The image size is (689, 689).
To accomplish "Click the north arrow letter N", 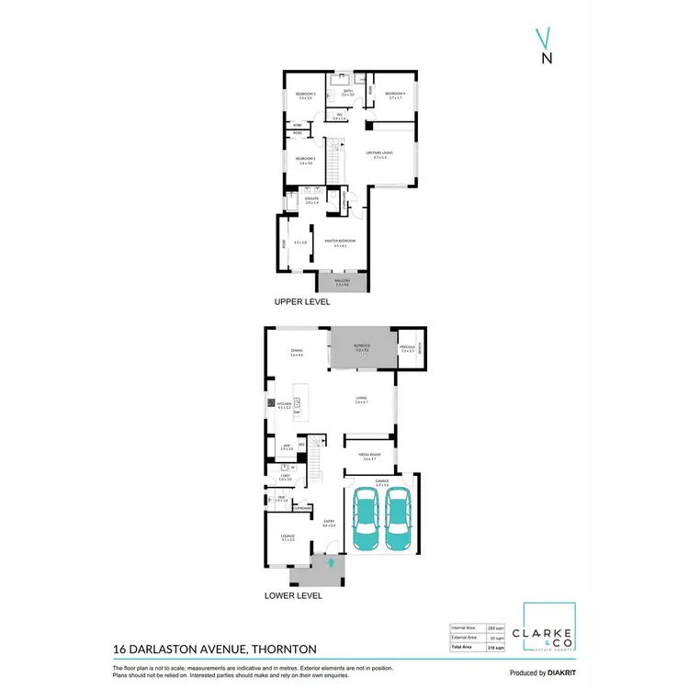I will coord(547,58).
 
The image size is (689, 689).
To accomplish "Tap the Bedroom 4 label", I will coord(395,94).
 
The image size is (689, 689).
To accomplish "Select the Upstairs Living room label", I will coord(380,153).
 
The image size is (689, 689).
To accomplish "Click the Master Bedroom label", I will coord(344,243).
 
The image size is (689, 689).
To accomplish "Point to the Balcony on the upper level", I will coord(341,282).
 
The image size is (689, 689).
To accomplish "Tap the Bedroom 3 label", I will coord(306,94).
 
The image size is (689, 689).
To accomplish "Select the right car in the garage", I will coord(398,518).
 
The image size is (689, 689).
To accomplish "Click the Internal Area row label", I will coord(463,627).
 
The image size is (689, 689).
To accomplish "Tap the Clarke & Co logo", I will coord(549,628).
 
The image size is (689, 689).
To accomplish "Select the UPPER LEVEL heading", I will coord(301,301).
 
